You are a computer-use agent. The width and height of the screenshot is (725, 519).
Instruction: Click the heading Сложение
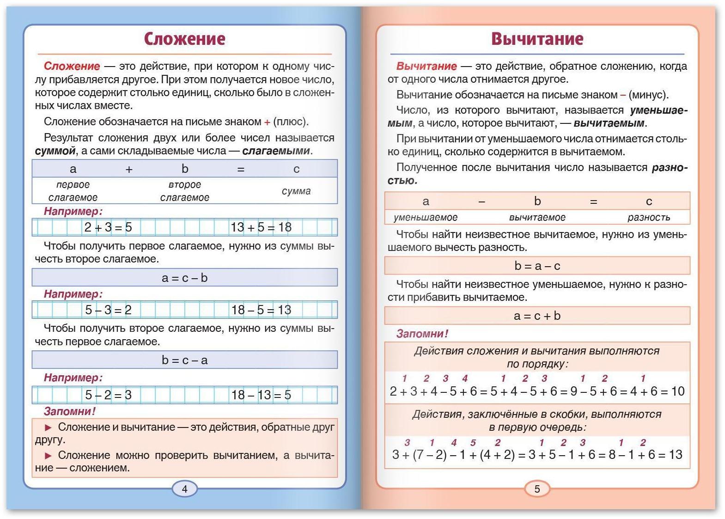[184, 39]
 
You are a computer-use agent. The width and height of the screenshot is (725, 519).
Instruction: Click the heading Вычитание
[537, 39]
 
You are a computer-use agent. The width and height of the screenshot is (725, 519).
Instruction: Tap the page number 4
[185, 489]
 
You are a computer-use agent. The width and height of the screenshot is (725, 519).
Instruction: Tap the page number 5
[537, 489]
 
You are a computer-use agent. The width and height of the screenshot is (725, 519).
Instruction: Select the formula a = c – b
[185, 278]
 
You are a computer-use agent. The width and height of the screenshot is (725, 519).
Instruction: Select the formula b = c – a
[185, 360]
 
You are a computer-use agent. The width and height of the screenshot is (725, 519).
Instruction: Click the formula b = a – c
[537, 266]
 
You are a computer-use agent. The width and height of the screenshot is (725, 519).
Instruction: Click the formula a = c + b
[537, 316]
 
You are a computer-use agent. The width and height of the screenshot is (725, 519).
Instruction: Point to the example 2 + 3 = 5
[108, 227]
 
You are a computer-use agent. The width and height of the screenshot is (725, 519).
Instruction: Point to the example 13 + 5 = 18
[261, 227]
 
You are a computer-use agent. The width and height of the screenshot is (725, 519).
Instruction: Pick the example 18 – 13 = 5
[261, 395]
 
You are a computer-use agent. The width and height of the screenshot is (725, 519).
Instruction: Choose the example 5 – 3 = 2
[108, 310]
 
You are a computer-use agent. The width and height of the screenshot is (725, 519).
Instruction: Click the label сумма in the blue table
[296, 191]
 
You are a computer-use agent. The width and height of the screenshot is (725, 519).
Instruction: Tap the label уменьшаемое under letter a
[426, 217]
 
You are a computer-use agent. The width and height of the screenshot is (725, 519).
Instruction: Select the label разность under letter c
[649, 217]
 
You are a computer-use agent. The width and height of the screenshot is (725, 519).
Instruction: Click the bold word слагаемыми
[276, 151]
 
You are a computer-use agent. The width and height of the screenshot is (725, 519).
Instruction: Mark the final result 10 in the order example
[677, 391]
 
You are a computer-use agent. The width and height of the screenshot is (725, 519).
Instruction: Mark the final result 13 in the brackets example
[675, 455]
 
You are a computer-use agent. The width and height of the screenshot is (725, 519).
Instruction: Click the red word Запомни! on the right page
[422, 334]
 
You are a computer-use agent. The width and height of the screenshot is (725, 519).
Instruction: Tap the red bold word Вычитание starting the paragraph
[426, 66]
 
